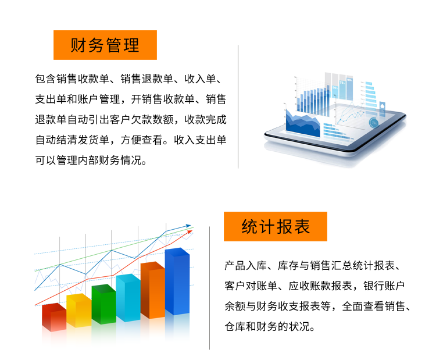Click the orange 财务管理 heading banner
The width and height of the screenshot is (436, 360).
(105, 45)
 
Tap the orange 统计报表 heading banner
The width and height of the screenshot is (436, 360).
(276, 226)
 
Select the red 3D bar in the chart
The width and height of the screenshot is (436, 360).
(54, 317)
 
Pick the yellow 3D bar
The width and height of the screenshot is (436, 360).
(79, 311)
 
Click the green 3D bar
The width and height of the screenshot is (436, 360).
(103, 304)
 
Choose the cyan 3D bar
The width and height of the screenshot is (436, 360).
(128, 298)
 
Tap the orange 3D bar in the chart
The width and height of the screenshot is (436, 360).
(153, 290)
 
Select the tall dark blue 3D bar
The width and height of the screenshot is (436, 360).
(177, 281)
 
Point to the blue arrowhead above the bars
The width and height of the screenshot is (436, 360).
(188, 226)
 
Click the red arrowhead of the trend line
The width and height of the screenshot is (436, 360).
(190, 231)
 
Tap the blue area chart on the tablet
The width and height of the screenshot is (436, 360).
(302, 123)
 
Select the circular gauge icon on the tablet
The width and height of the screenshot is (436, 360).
(374, 123)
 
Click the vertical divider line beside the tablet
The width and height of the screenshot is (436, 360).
(238, 106)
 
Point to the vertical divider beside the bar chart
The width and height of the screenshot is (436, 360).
(210, 288)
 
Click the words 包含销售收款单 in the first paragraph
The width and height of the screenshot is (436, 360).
(72, 79)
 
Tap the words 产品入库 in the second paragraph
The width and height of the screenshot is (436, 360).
(246, 266)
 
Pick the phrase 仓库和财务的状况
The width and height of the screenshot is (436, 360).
(267, 327)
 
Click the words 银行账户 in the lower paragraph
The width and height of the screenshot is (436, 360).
(384, 286)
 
